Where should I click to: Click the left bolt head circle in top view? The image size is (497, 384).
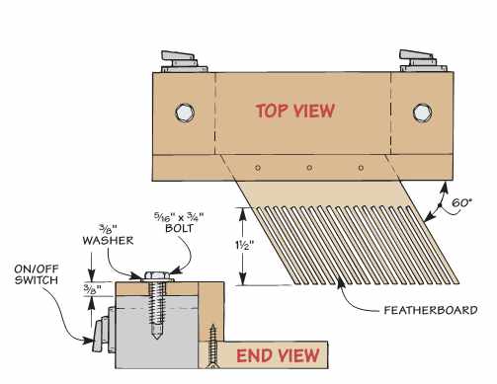pos(183,111)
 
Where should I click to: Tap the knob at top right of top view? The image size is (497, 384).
pos(418,61)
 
